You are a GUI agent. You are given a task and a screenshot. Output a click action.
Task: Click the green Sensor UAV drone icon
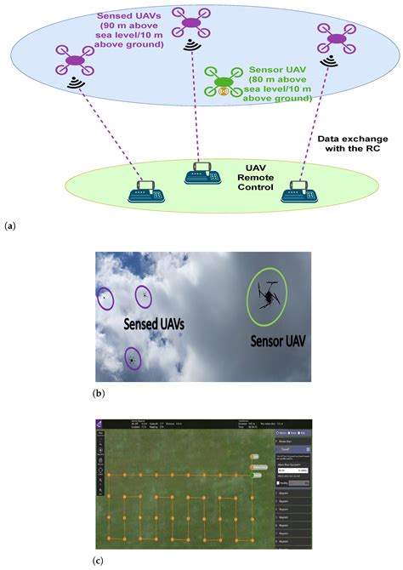(x=224, y=81)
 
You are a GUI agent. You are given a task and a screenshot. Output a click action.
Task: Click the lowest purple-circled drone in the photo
(x=133, y=359)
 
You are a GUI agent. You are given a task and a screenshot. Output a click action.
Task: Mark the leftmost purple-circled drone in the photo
(x=105, y=298)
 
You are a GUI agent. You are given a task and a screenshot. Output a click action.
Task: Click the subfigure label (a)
(x=10, y=225)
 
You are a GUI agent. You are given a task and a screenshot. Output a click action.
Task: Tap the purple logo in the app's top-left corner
(x=99, y=424)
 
